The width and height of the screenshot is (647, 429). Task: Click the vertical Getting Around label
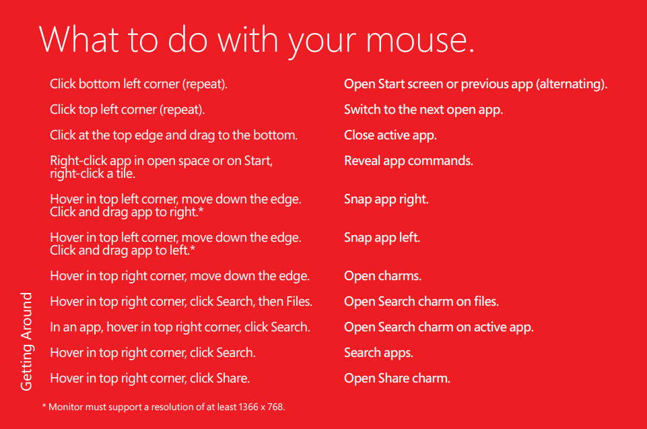click(26, 341)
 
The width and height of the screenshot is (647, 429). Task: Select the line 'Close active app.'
click(390, 135)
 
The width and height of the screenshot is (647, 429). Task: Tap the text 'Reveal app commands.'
click(409, 160)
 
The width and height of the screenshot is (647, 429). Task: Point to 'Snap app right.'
click(386, 199)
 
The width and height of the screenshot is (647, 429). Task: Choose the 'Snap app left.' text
click(382, 238)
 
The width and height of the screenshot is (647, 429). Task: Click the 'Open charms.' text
click(383, 276)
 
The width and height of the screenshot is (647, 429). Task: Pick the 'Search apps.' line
click(379, 353)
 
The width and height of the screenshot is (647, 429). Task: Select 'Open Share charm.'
click(397, 378)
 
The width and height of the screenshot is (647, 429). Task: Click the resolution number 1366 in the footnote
click(248, 407)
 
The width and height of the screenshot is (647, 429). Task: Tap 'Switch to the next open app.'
click(423, 110)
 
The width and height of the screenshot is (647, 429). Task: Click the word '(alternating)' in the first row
click(572, 84)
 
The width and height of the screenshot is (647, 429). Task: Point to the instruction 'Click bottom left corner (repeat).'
click(139, 84)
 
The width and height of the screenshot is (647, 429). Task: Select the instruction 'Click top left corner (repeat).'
click(127, 110)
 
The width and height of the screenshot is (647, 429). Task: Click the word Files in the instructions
click(299, 302)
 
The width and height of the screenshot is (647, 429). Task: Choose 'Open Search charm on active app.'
click(439, 327)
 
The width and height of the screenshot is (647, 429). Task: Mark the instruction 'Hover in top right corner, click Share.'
click(149, 378)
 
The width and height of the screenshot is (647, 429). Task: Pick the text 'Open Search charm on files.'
click(421, 302)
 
